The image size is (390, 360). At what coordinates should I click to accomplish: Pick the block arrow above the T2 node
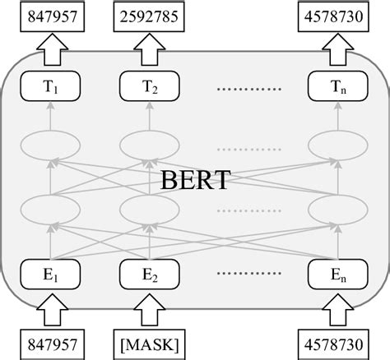pyautogui.click(x=150, y=50)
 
